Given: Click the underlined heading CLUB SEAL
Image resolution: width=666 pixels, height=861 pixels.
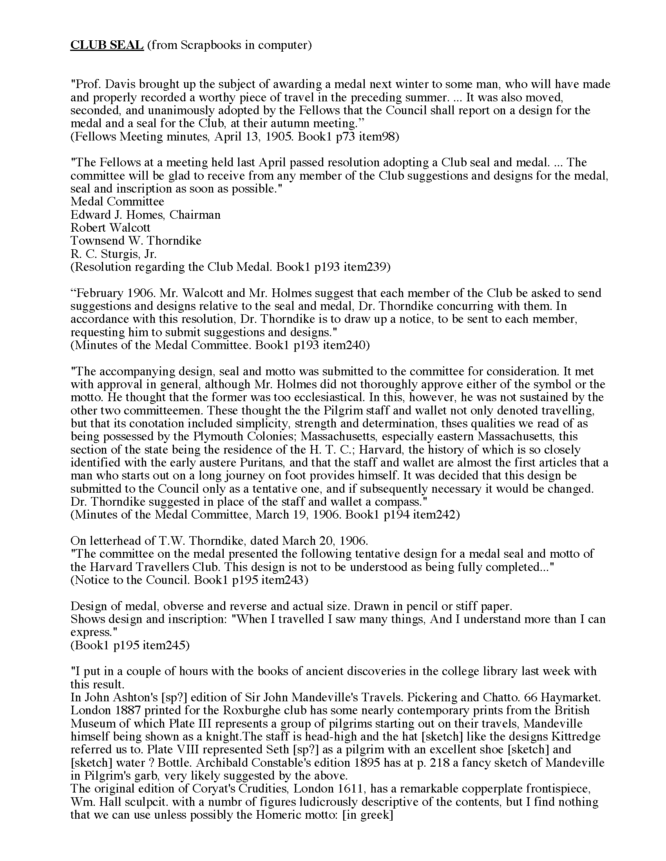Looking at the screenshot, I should [107, 45].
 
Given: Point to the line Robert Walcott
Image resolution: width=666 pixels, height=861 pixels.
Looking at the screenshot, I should [110, 228].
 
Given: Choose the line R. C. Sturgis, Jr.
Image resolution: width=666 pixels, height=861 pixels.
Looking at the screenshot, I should [114, 254].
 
